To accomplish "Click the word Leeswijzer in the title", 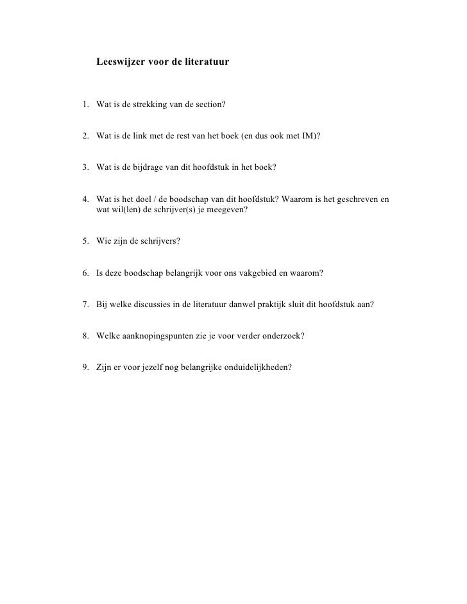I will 120,63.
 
